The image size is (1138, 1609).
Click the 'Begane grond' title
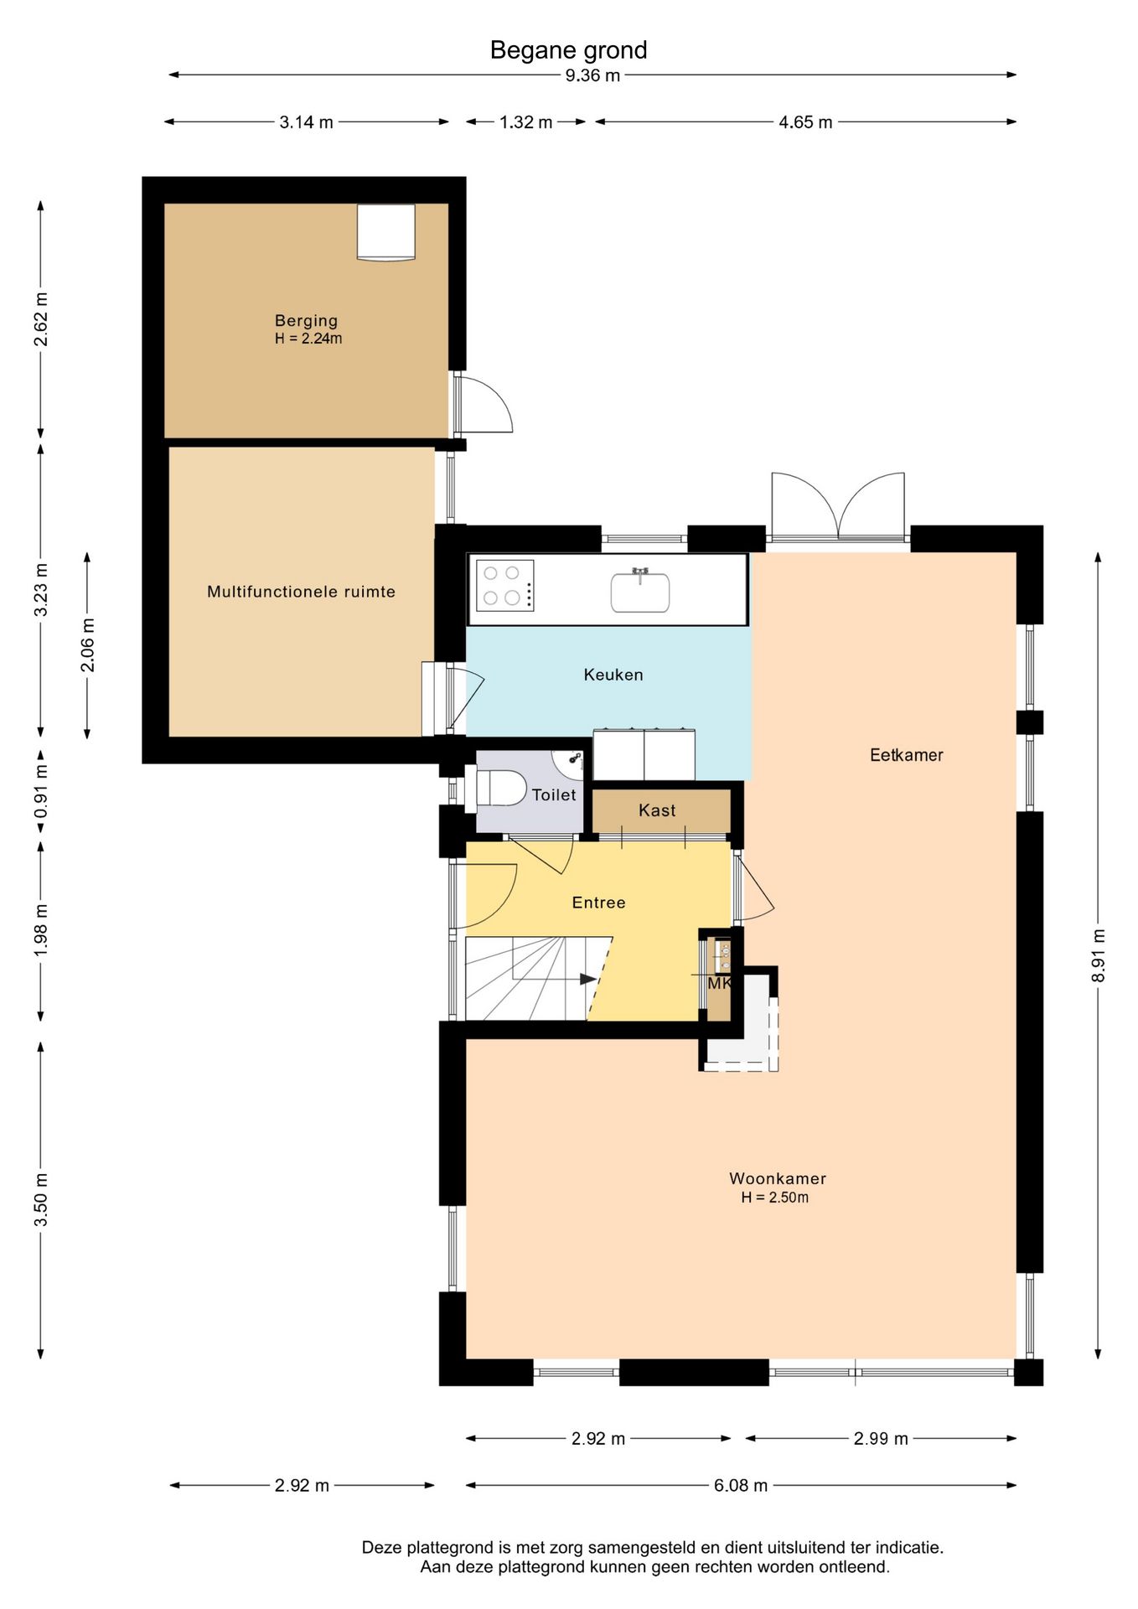[x=568, y=50]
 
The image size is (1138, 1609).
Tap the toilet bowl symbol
[x=500, y=788]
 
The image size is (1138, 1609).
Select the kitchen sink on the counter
[x=640, y=591]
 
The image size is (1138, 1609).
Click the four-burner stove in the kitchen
[x=505, y=585]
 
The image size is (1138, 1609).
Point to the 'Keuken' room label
[x=613, y=675]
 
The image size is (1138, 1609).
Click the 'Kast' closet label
[x=657, y=810]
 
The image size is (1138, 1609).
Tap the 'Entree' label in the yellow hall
[x=598, y=903]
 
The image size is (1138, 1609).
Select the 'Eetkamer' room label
[x=907, y=755]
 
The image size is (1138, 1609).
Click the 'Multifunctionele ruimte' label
[x=301, y=592]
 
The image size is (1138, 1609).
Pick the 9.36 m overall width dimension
[x=592, y=75]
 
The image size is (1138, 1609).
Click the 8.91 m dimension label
[x=1099, y=956]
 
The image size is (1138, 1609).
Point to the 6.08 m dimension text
[x=741, y=1486]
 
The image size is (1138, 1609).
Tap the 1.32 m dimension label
[x=526, y=122]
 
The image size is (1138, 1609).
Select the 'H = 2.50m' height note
[x=775, y=1198]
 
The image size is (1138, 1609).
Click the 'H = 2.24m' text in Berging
[x=308, y=339]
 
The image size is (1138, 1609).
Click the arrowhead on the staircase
[x=588, y=979]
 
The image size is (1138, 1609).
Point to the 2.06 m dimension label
[x=88, y=644]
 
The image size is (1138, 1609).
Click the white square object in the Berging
[x=386, y=232]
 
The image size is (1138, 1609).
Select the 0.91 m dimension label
[x=41, y=792]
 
